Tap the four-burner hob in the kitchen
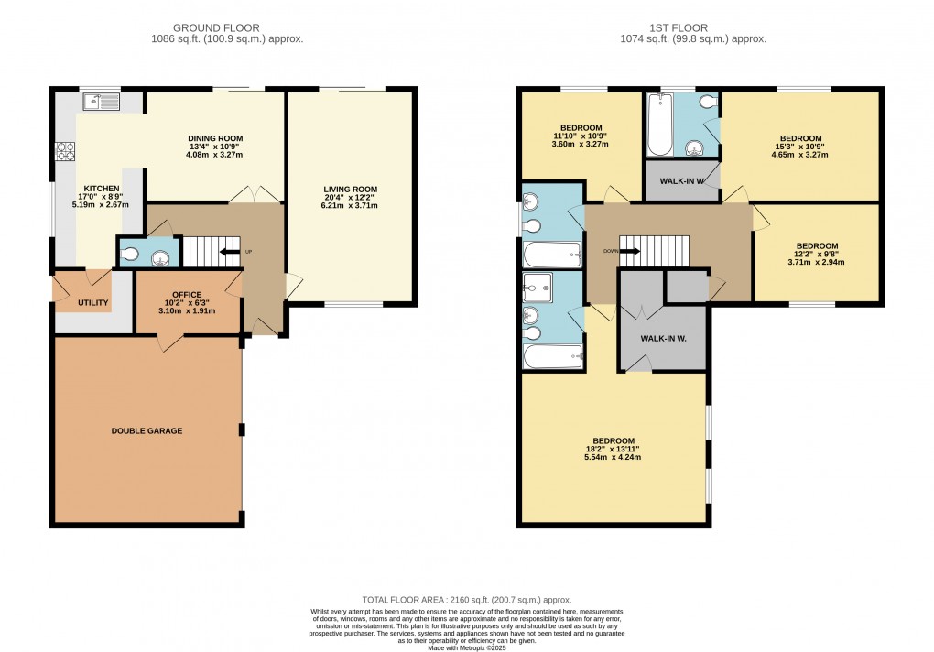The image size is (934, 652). click(65, 152)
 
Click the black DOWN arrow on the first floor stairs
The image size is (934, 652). click(629, 249)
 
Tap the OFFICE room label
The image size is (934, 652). click(187, 295)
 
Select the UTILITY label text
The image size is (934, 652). click(93, 303)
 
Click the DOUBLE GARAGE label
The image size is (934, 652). click(147, 430)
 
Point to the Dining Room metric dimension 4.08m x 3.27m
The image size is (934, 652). click(216, 156)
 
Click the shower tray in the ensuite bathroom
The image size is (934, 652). click(538, 288)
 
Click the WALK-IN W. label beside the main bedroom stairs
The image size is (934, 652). click(664, 339)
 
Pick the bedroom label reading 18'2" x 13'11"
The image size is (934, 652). click(613, 449)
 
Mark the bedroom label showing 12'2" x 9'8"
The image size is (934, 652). click(817, 254)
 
